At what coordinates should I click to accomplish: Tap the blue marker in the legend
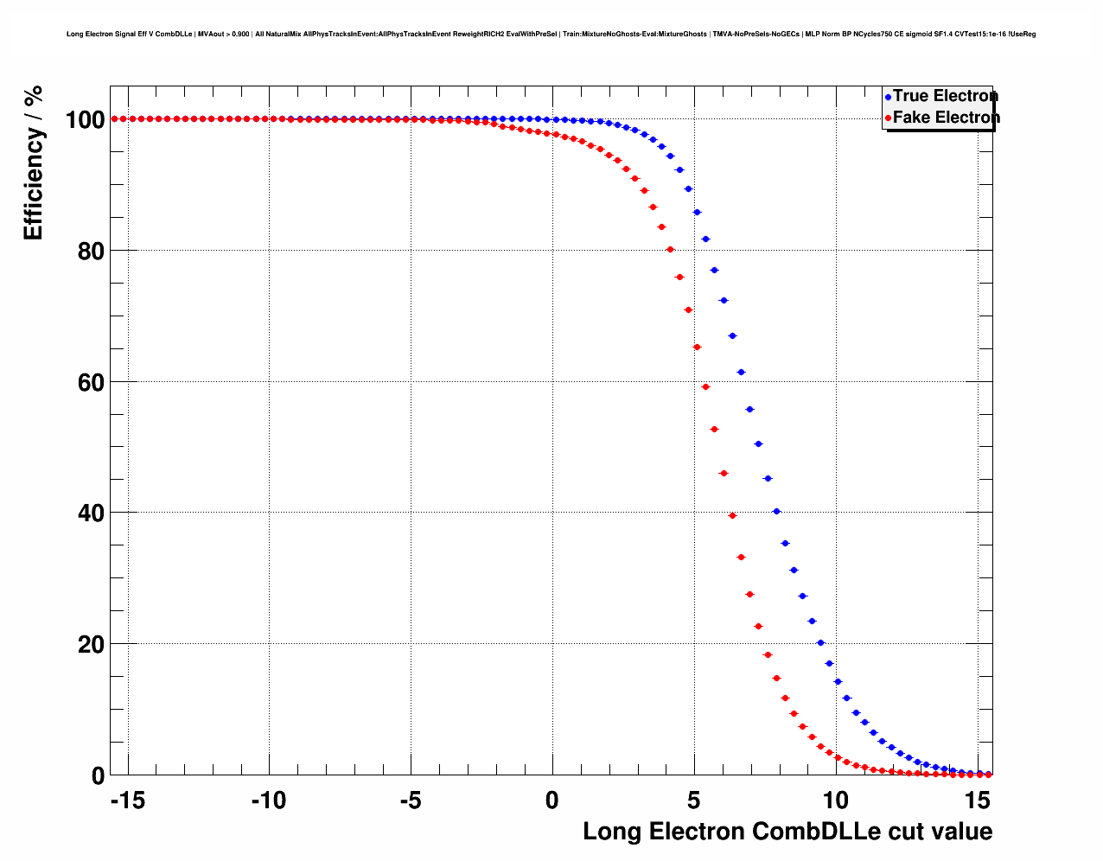click(x=888, y=97)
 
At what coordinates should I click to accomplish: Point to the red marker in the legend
click(x=888, y=118)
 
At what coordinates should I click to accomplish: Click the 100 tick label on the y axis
click(x=85, y=119)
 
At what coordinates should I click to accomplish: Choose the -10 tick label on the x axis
click(x=269, y=800)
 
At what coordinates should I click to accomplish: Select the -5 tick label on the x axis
click(x=411, y=800)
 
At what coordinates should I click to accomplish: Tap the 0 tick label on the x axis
click(x=552, y=800)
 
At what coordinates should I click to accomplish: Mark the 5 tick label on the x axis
click(x=693, y=800)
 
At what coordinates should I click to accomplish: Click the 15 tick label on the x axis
click(x=977, y=800)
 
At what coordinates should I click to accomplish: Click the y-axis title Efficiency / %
click(x=33, y=163)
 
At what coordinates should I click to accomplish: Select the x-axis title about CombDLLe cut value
click(x=787, y=832)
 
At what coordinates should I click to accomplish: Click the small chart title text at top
click(x=551, y=35)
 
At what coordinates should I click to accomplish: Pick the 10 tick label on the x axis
click(x=835, y=800)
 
